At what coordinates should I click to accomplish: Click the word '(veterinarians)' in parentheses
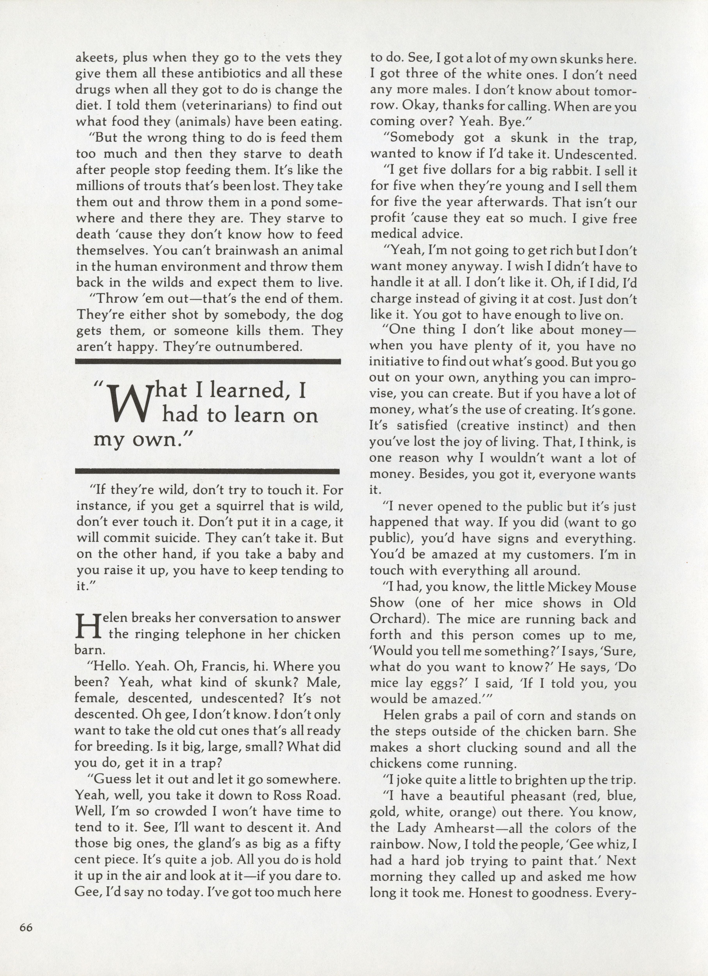click(x=209, y=105)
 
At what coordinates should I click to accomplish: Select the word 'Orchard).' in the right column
click(x=396, y=619)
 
